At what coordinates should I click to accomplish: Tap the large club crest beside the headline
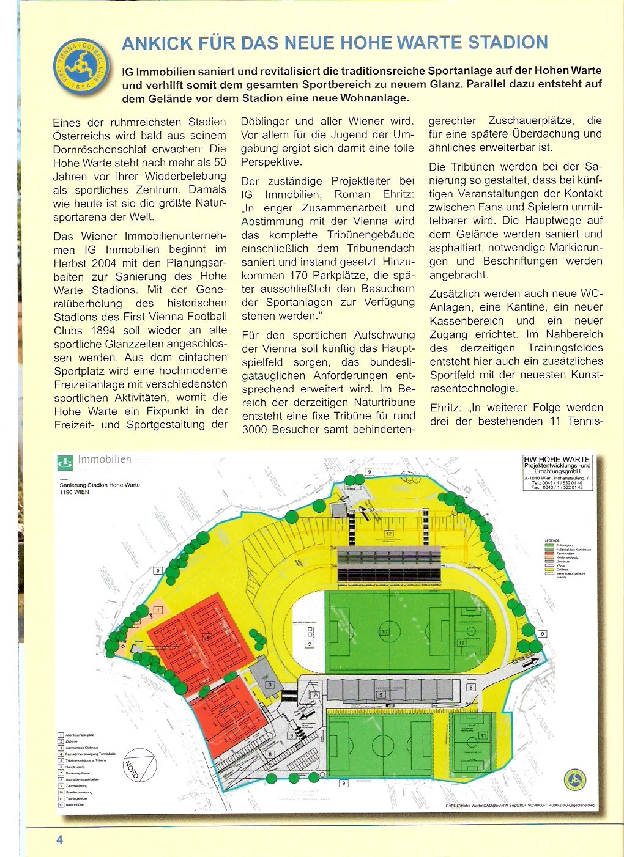click(81, 67)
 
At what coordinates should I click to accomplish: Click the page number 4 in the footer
click(59, 839)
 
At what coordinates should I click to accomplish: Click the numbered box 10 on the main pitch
click(384, 631)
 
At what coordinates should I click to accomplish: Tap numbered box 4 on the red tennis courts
click(208, 637)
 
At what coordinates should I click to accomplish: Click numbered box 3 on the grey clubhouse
click(270, 685)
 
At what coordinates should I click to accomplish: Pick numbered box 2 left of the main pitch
click(310, 644)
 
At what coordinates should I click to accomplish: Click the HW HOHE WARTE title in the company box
click(557, 459)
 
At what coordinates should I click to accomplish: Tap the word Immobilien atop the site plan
click(105, 459)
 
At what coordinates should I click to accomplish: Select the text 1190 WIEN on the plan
click(75, 492)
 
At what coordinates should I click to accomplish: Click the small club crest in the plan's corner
click(574, 780)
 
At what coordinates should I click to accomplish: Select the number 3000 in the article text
click(256, 429)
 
